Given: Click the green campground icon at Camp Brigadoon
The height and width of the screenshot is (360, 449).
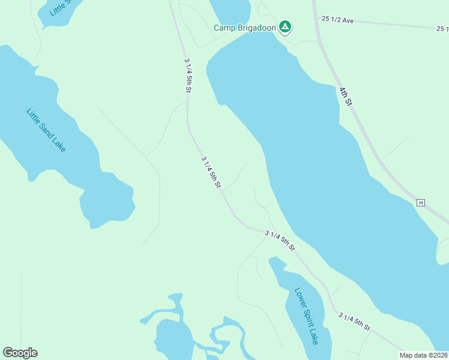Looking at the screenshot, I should tap(286, 26).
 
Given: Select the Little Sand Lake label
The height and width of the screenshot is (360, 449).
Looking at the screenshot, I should tap(46, 130).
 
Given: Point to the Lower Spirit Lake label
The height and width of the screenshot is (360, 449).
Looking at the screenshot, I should tap(307, 316).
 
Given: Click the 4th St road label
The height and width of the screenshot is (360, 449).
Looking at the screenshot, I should tap(345, 96).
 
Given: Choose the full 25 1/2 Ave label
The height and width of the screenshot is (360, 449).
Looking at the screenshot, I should tap(337, 20).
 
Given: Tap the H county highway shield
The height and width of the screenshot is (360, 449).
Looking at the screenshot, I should tap(421, 203).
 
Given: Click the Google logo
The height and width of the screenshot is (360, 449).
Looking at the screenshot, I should tap(20, 353).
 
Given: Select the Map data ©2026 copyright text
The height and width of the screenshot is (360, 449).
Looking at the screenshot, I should tap(424, 355).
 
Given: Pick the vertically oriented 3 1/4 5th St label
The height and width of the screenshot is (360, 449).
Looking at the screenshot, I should tap(188, 75).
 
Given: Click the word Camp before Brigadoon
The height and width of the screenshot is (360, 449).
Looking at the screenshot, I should tap(225, 28).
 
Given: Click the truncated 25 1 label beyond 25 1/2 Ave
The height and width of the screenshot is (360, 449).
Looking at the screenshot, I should tap(442, 28).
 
